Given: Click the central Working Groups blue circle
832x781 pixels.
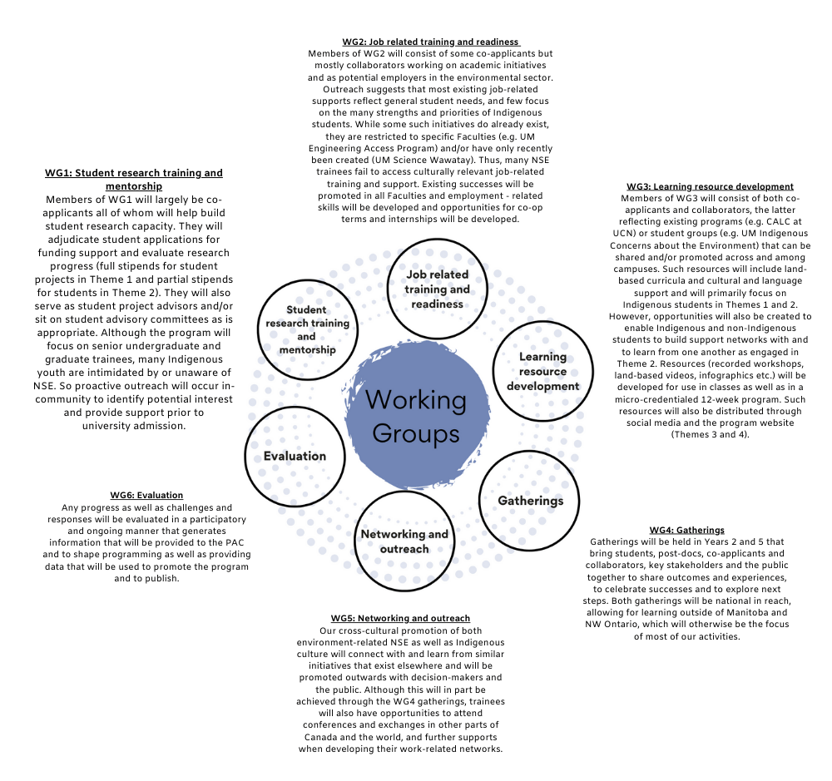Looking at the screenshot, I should [x=416, y=415].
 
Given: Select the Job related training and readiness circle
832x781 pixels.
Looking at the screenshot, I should [x=437, y=289].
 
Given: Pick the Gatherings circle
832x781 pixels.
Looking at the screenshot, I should [x=530, y=501].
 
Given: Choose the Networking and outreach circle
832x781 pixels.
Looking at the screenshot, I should [x=404, y=541].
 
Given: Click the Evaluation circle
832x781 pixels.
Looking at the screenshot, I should [x=295, y=456].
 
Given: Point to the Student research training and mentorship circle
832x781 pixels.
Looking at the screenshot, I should [x=306, y=329].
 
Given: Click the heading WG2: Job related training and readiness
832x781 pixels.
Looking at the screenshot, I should [x=430, y=42].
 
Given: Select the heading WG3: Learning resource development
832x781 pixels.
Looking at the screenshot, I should [x=710, y=186].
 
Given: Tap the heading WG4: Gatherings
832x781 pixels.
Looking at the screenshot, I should [x=686, y=530].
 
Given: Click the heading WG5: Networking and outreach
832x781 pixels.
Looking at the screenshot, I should [x=400, y=618].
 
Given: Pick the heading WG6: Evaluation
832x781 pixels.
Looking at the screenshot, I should [x=146, y=495].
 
